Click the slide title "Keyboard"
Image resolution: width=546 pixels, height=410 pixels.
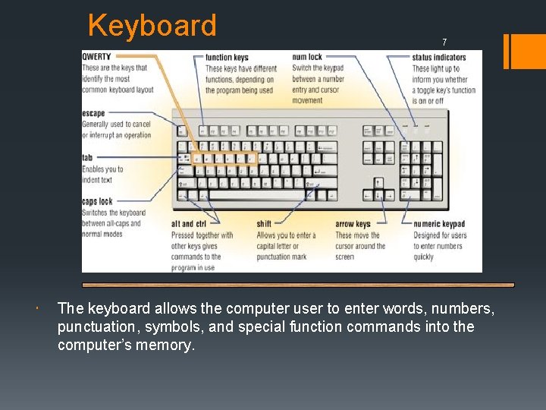152,25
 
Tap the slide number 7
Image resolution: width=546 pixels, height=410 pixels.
444,42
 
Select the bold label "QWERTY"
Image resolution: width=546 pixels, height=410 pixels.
96,57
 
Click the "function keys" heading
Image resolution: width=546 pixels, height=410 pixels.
227,58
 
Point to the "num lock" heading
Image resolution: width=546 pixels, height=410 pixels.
307,58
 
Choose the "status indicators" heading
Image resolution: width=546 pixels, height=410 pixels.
439,58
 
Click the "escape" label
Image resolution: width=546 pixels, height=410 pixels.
94,114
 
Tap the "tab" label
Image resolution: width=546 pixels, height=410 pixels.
87,158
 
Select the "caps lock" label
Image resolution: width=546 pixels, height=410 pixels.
97,202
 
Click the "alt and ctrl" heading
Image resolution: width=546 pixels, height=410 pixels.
188,225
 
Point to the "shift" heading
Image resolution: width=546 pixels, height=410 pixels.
264,225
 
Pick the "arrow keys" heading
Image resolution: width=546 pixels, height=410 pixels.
353,225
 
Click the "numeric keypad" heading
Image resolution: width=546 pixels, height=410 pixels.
439,225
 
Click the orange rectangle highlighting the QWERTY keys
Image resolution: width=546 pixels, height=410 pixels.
224,159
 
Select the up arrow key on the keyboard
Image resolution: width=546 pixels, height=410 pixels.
379,183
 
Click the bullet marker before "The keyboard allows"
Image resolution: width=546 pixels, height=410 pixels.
37,310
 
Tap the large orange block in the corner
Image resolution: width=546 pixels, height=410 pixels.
526,51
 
